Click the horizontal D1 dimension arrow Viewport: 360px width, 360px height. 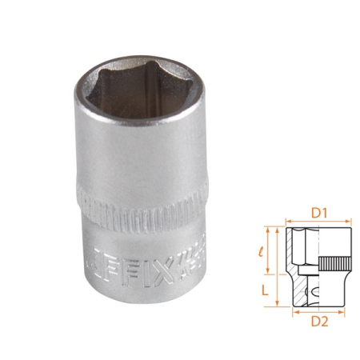click(x=319, y=222)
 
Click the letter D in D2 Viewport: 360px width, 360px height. click(x=316, y=321)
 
